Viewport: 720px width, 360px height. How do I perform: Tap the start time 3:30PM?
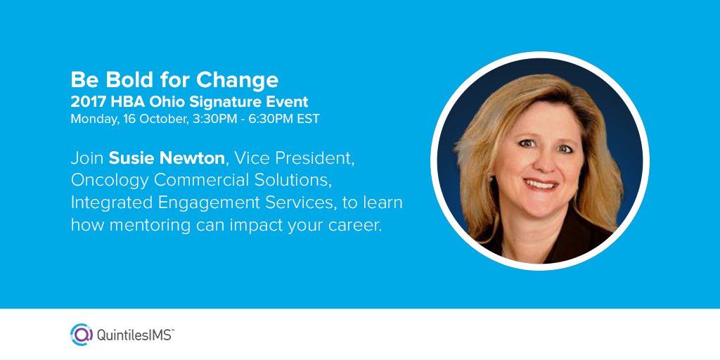coord(209,119)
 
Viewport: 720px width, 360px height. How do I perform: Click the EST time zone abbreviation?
coord(308,119)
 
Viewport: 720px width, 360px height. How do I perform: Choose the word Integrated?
coord(105,203)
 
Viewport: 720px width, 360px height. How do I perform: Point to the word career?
coord(355,226)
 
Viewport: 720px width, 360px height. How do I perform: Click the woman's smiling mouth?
coord(541,185)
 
